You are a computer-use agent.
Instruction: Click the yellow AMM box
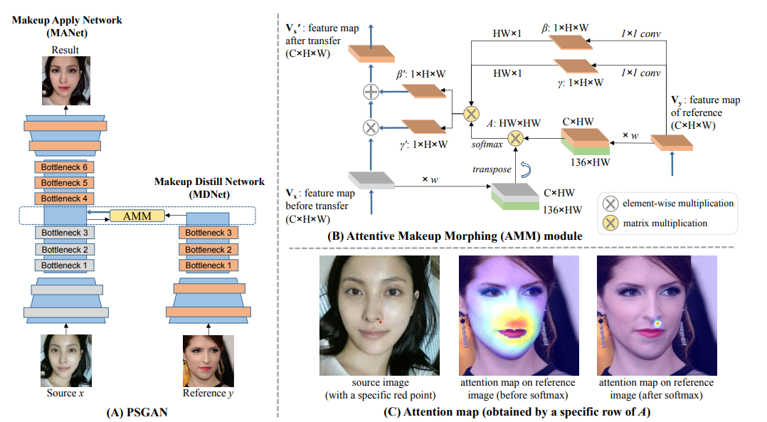137,216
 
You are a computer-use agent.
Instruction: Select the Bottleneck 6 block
64,167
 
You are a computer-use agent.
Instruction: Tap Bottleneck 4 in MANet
64,199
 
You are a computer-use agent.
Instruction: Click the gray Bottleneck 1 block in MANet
64,265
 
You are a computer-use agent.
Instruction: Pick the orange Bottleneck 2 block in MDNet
208,249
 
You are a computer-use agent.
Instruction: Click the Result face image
66,80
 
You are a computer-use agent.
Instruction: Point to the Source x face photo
66,360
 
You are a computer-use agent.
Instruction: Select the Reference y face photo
208,361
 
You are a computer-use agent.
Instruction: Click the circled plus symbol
371,91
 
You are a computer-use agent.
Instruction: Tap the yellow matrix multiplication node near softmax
515,138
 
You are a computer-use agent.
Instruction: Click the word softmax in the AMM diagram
487,144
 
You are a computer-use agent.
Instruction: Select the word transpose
492,169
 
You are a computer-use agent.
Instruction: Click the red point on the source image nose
380,322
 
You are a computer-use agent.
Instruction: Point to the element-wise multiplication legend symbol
610,204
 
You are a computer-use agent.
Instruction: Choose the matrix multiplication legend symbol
610,223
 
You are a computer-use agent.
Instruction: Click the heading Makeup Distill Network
209,182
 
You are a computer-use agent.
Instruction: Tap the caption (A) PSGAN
137,412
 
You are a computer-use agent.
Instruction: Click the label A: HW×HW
514,123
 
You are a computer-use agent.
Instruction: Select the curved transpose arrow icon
526,169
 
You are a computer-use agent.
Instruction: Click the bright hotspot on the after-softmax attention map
658,323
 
